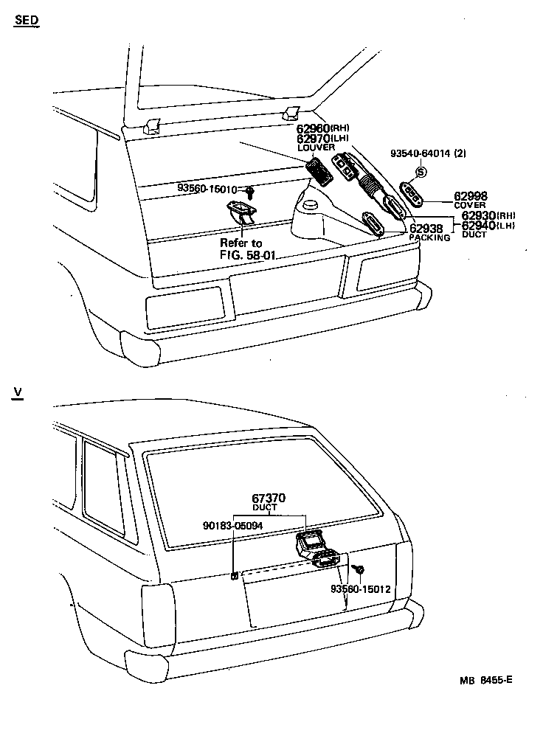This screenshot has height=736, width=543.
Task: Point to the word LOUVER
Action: tap(316, 147)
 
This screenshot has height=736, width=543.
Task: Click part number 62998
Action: tap(470, 195)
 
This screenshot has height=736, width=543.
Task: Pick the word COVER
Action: tap(469, 205)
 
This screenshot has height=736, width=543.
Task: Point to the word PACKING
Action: tap(429, 238)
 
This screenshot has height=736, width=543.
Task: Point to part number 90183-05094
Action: tap(233, 527)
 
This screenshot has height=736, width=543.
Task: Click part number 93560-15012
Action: tap(360, 589)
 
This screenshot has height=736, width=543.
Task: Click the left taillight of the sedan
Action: tap(184, 307)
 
